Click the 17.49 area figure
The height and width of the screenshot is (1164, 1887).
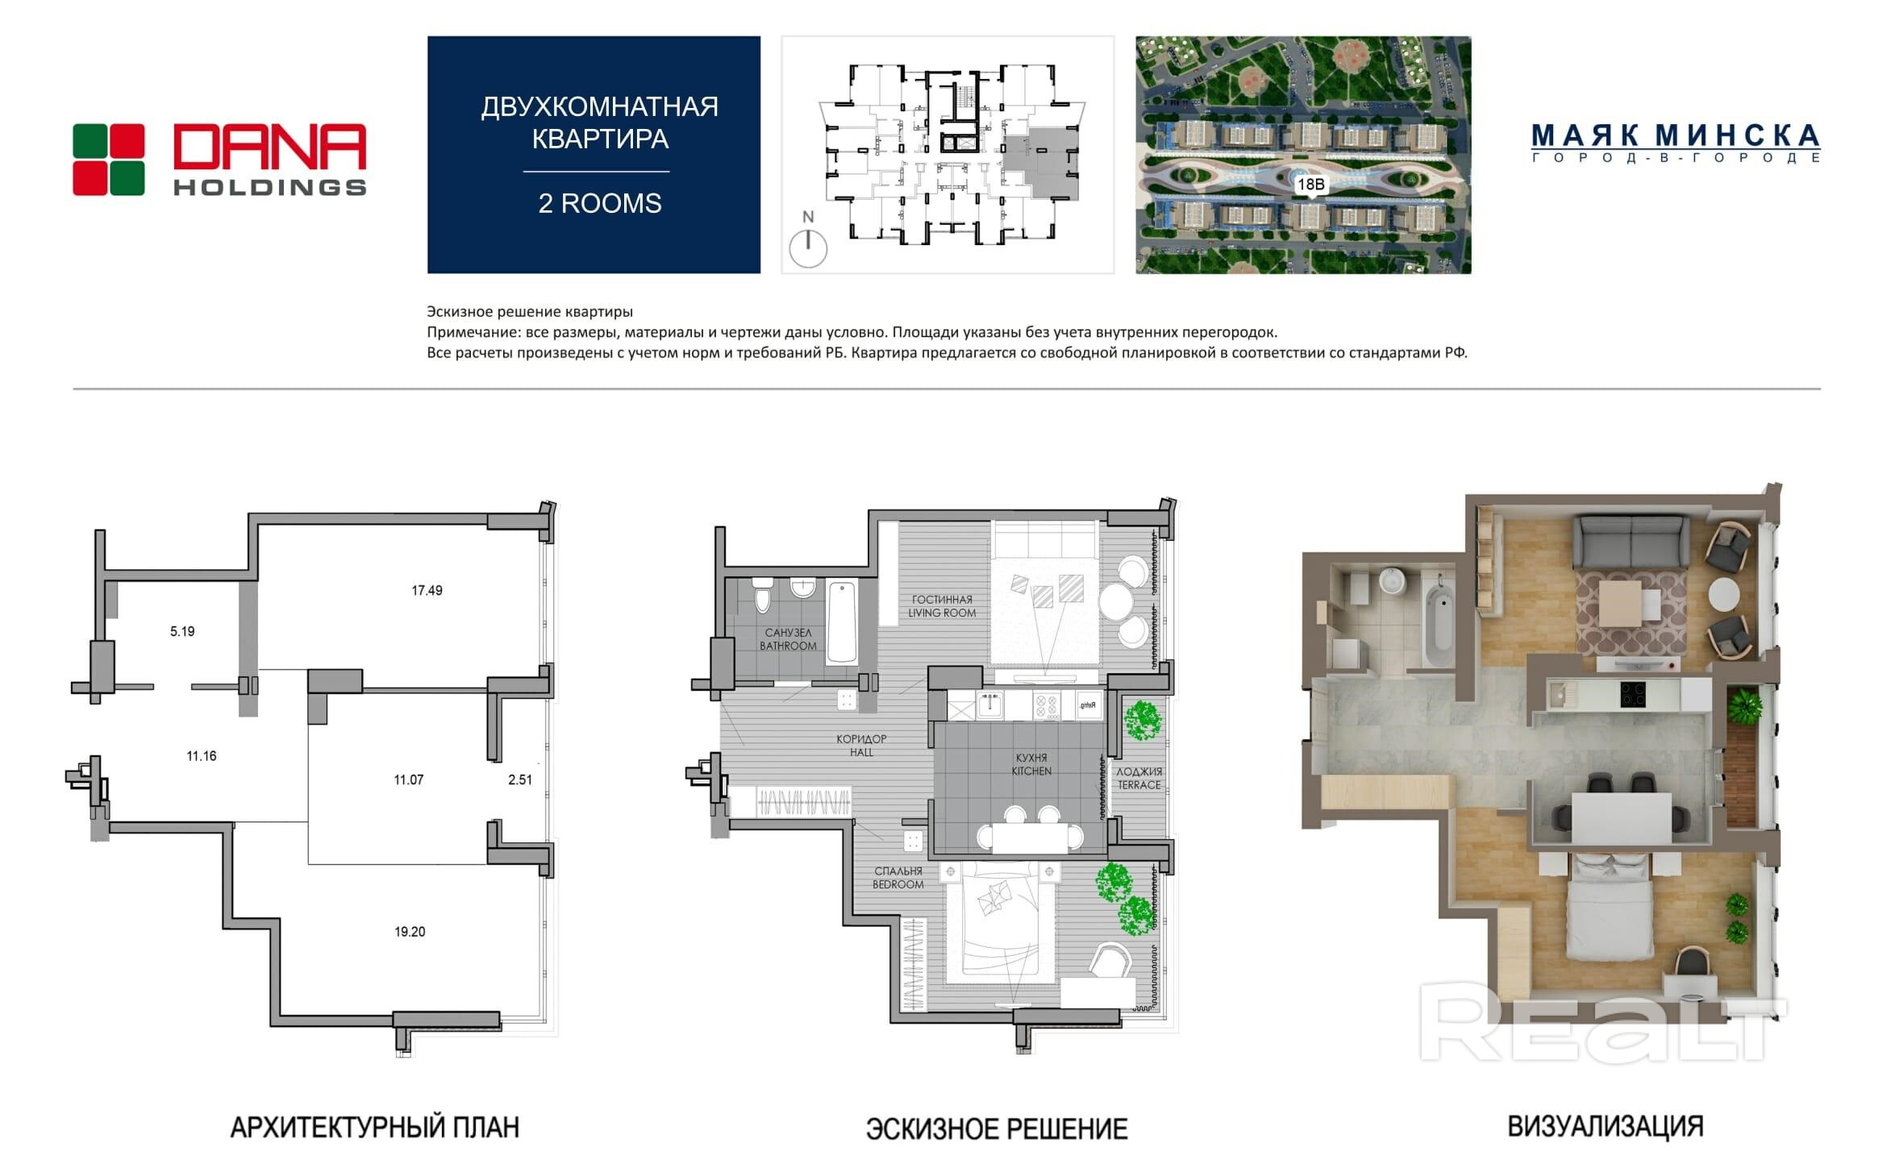point(427,590)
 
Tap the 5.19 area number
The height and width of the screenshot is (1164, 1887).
point(182,631)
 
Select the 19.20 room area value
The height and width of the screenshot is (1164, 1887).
point(410,931)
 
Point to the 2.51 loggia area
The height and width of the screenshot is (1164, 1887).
point(520,779)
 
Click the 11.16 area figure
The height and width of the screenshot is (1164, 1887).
point(202,756)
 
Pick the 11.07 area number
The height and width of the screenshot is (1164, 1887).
point(409,779)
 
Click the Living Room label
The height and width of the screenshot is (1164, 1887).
point(942,606)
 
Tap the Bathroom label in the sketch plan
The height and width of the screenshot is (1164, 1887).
point(788,639)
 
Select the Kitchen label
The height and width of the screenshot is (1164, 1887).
point(1031,764)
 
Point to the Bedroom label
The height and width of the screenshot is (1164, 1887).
point(898,878)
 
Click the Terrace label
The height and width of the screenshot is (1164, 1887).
point(1139,778)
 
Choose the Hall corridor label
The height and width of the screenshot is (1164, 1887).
point(861,746)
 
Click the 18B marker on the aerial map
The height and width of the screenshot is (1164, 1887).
point(1310,185)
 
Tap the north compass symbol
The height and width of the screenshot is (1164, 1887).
point(808,239)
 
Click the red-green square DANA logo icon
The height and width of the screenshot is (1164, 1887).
point(109,160)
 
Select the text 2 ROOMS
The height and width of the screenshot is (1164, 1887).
point(600,203)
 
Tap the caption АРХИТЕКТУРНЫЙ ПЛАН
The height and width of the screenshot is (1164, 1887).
point(375,1127)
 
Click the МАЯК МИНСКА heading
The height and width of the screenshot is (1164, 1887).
point(1676,135)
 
